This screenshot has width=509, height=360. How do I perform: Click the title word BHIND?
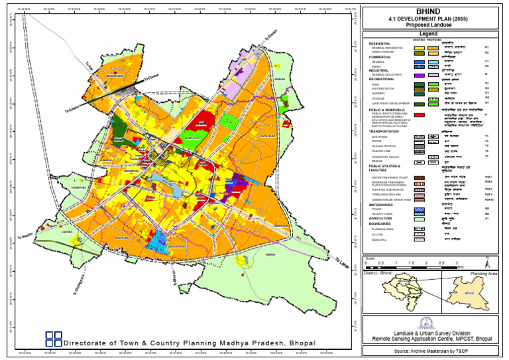pos(432,11)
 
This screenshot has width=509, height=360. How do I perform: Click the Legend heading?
pos(432,33)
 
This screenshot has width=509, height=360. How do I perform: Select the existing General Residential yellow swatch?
pos(418,48)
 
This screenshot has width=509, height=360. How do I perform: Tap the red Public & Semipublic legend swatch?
pos(418,115)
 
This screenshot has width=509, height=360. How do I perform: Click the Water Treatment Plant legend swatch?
pos(418,178)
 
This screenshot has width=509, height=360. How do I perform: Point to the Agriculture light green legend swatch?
pos(418,218)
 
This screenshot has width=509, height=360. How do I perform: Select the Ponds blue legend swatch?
pos(418,209)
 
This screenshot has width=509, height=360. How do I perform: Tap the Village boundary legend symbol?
pos(418,234)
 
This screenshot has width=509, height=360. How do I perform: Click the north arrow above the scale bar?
pos(487,259)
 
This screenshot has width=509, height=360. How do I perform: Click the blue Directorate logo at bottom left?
pos(54,339)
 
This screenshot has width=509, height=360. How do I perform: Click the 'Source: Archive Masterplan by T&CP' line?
pos(431,349)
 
